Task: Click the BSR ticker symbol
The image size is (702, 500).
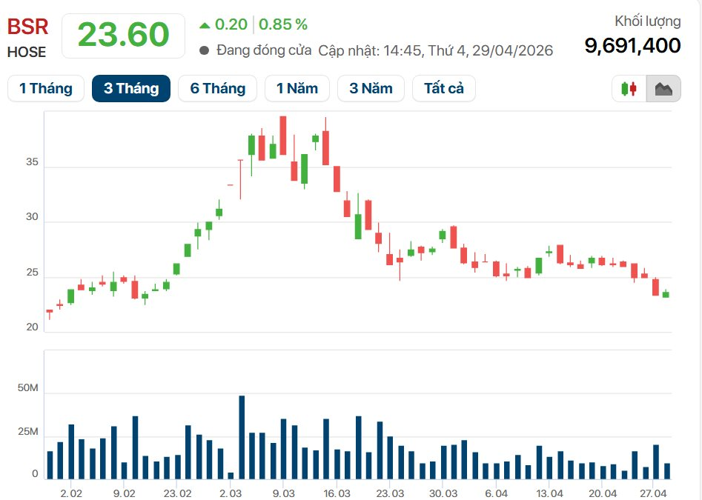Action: point(28,27)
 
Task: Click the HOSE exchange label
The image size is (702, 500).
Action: point(27,53)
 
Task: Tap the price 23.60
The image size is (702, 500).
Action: point(123,35)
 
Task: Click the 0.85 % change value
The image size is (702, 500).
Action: point(282,24)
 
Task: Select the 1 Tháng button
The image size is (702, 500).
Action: point(46,89)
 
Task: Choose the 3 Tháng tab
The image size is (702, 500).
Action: point(131,89)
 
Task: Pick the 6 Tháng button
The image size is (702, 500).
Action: point(217,89)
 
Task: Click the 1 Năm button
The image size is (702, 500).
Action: point(297,89)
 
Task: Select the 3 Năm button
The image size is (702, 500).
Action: point(371,89)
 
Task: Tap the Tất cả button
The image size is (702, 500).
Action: point(444,89)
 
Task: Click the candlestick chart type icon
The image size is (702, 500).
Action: point(629,89)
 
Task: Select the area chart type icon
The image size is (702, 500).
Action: point(663,89)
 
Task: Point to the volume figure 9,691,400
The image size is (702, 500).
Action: point(632,46)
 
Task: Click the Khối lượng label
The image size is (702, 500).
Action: point(647,21)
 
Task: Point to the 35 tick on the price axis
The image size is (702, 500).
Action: point(32,167)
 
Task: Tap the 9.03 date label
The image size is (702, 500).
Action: point(284,493)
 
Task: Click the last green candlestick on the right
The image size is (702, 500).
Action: point(666,294)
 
